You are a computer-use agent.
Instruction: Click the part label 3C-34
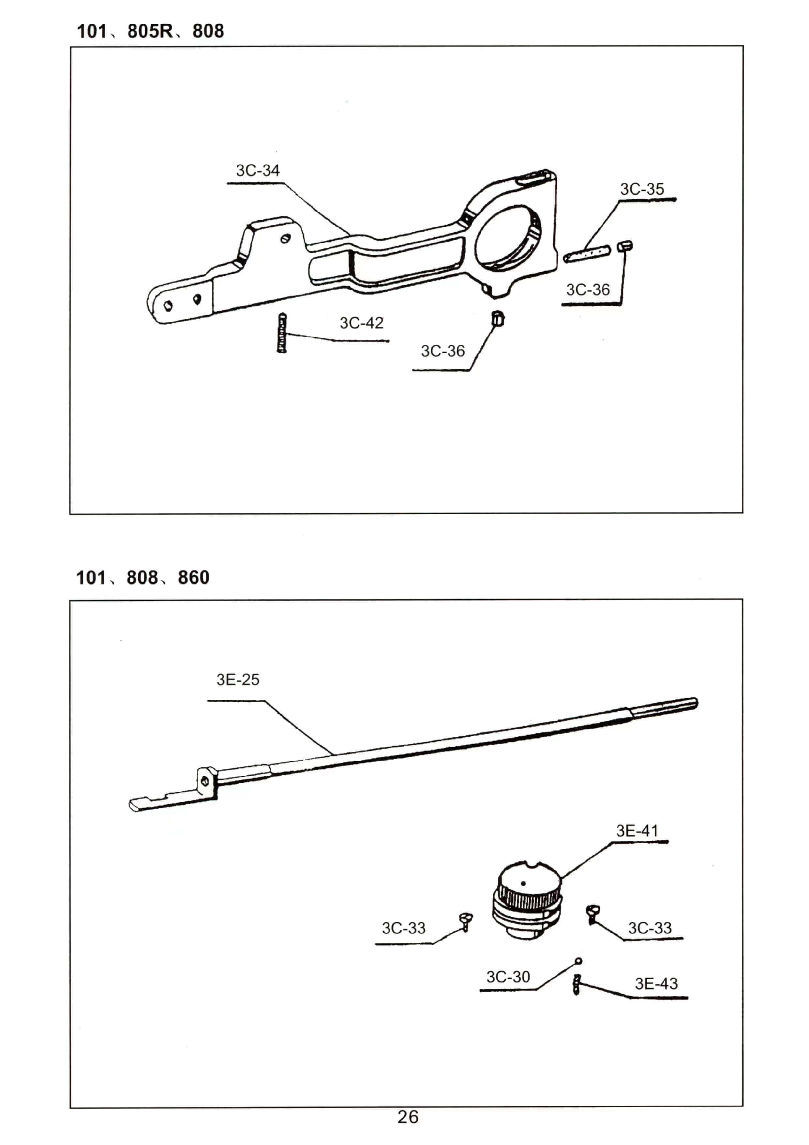tap(258, 171)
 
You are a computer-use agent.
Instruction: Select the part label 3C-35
tap(642, 190)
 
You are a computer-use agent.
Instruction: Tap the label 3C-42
tap(361, 323)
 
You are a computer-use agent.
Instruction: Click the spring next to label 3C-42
tap(282, 333)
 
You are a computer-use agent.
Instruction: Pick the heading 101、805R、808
tap(150, 31)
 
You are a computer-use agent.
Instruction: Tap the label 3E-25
tap(238, 680)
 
